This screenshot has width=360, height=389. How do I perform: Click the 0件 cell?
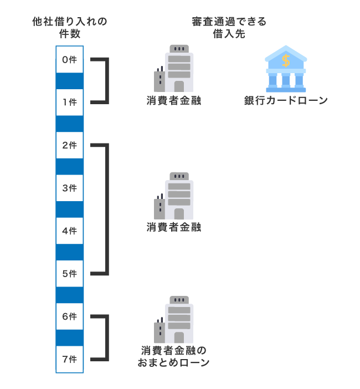coord(69,60)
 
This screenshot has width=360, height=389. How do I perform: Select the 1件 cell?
coord(69,103)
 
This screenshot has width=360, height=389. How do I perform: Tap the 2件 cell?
coord(69,145)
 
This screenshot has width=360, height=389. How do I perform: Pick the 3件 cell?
coord(69,188)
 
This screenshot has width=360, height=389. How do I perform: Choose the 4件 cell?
coord(69,231)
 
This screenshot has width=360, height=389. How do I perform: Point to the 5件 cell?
coord(69,273)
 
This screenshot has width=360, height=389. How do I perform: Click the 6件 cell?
coord(69,316)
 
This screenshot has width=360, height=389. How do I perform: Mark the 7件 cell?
coord(69,359)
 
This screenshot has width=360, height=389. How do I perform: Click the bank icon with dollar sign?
coord(286,69)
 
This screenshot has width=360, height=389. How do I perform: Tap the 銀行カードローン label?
coord(286,101)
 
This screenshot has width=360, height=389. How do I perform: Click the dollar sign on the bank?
coord(286,59)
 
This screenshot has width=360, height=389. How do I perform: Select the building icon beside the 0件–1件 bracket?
coord(173,69)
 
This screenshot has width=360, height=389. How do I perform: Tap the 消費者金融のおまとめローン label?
coord(173,357)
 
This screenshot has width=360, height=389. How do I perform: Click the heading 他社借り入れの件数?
coord(70,28)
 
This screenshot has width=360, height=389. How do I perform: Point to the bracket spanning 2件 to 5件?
coord(106,209)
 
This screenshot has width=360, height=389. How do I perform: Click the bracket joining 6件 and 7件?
coord(106,337)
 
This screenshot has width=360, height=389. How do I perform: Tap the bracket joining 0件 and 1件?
coord(106,81)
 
